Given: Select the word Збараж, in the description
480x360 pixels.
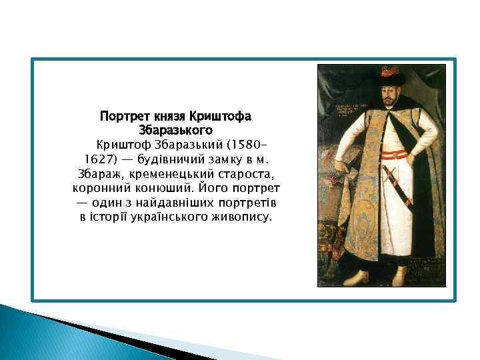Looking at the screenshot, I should [96, 173].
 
